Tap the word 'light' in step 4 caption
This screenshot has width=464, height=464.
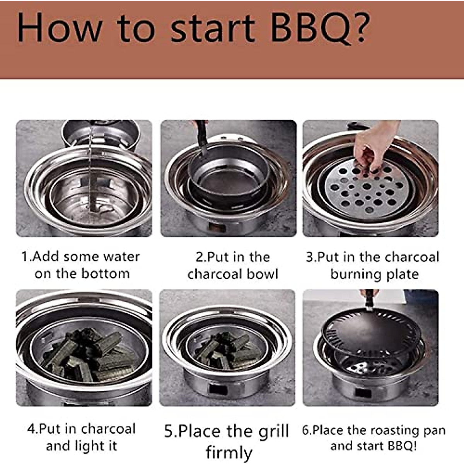pyautogui.click(x=90, y=446)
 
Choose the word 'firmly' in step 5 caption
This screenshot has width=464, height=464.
pyautogui.click(x=229, y=452)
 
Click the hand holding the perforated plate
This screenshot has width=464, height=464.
pyautogui.click(x=373, y=145)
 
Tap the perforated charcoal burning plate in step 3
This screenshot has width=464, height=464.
pyautogui.click(x=365, y=189)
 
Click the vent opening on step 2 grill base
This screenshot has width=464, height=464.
pyautogui.click(x=217, y=227)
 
